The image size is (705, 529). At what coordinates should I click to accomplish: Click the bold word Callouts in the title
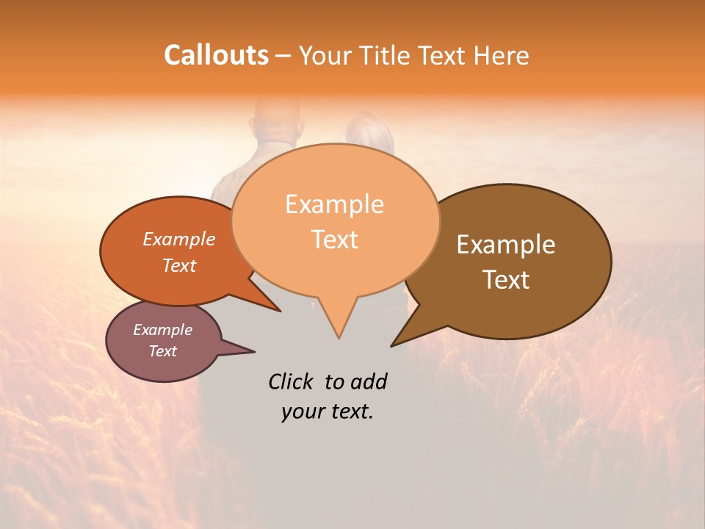(216, 55)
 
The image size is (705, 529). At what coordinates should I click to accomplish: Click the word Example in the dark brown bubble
(506, 245)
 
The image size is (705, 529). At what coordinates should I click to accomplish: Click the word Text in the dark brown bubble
(506, 280)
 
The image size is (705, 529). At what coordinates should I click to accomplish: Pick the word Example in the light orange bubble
(334, 204)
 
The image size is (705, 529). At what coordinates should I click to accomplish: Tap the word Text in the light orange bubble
(334, 240)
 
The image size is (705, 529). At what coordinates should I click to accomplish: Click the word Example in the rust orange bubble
(178, 239)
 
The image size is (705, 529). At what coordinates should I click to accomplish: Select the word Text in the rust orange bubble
(178, 265)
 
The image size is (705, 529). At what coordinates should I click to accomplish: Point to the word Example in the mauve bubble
(162, 330)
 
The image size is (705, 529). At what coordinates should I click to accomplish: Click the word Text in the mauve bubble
(162, 351)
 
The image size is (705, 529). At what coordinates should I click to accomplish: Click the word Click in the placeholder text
(292, 381)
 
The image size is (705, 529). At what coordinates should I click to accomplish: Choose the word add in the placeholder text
(369, 381)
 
